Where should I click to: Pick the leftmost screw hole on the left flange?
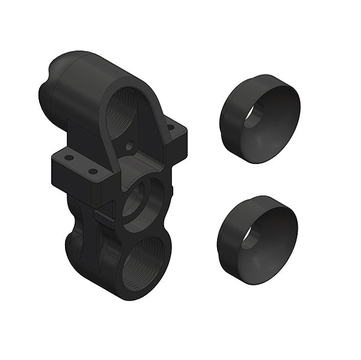click(69, 157)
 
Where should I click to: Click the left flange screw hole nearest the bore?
click(93, 171)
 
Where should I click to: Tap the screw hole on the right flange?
click(171, 127)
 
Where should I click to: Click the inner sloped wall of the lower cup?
click(274, 243)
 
